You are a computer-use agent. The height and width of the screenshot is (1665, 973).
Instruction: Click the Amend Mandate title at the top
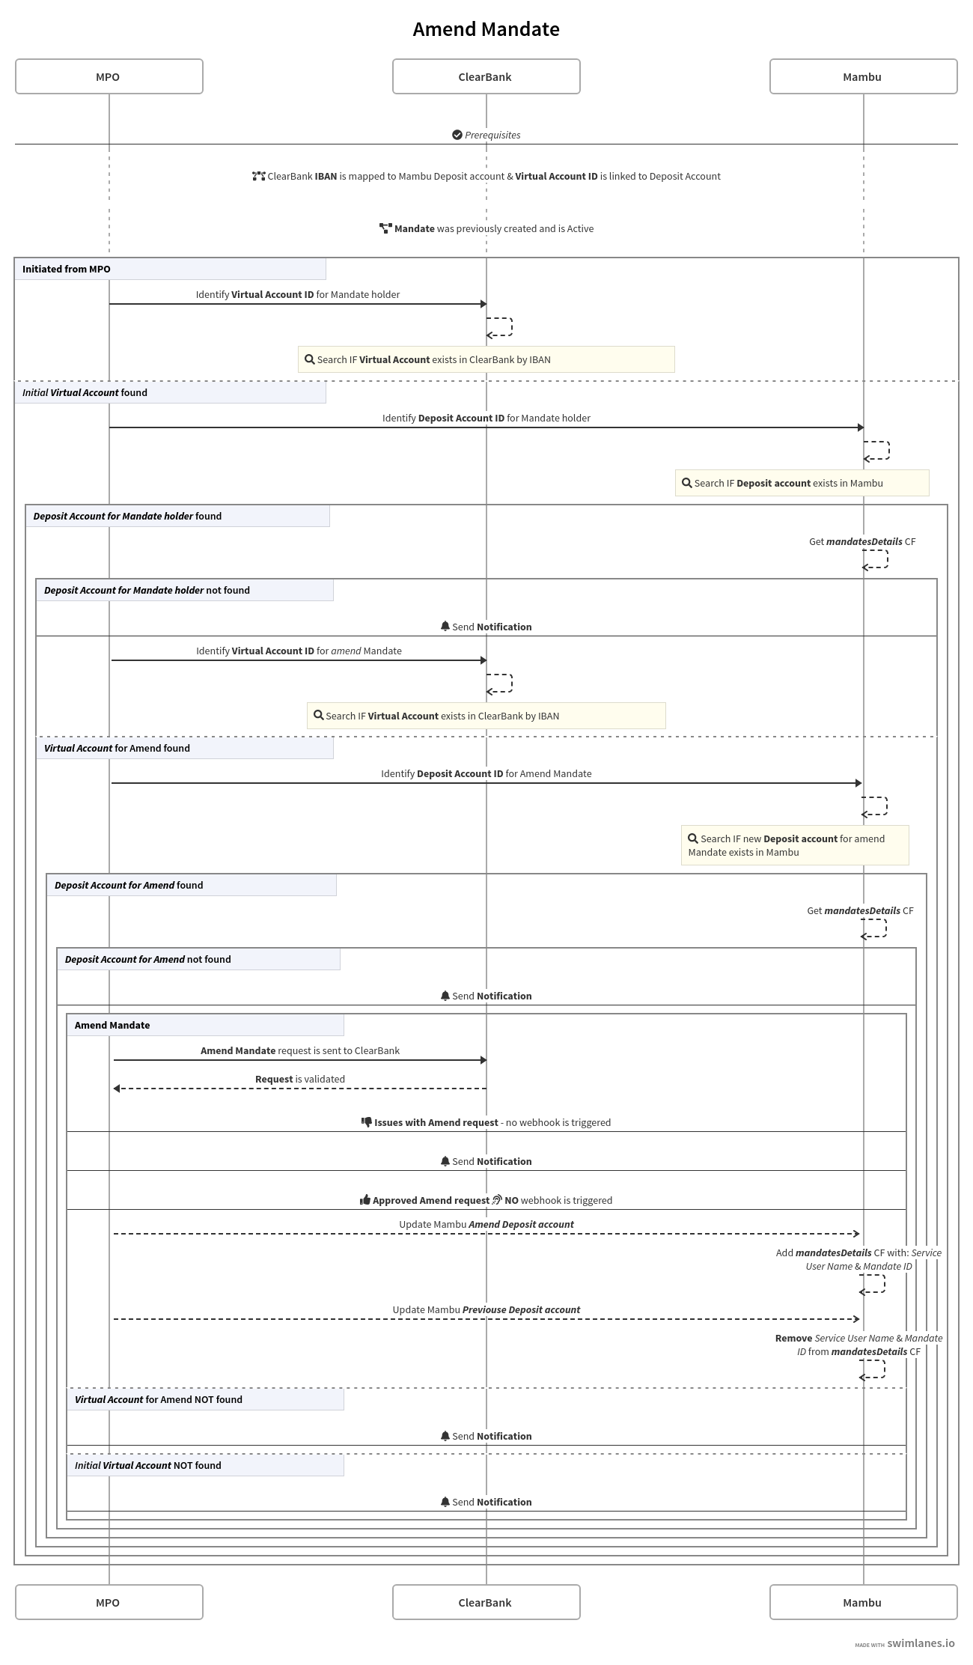click(486, 29)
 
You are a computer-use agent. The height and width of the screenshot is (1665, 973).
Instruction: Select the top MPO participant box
click(109, 76)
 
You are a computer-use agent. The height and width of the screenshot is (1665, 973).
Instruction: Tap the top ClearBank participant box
click(486, 76)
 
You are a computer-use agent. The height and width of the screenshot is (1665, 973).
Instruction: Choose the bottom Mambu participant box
click(863, 1602)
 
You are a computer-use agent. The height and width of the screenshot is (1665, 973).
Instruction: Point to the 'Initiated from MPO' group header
click(66, 269)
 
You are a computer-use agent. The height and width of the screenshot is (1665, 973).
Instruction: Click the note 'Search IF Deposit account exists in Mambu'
click(802, 483)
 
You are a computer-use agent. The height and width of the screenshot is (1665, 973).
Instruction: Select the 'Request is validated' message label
click(299, 1079)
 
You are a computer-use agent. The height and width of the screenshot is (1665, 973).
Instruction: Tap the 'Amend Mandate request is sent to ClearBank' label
click(299, 1050)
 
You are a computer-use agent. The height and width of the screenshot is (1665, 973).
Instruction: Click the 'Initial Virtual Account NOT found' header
click(147, 1465)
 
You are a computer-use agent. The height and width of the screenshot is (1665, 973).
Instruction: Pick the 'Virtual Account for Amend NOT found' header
click(158, 1399)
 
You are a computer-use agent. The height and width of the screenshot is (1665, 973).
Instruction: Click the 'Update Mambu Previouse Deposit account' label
click(486, 1309)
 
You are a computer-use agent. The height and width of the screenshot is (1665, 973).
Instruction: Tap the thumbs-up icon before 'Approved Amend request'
click(365, 1200)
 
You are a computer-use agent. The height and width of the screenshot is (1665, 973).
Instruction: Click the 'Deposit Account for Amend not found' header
click(147, 959)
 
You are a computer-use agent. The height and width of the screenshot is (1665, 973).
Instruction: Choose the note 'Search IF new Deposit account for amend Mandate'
click(794, 845)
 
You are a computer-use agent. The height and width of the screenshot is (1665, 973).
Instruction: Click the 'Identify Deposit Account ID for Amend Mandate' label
click(486, 773)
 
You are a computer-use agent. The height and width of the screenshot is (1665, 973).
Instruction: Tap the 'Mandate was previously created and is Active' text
click(493, 228)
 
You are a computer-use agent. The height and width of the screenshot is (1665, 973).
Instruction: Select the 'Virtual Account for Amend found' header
click(117, 748)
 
